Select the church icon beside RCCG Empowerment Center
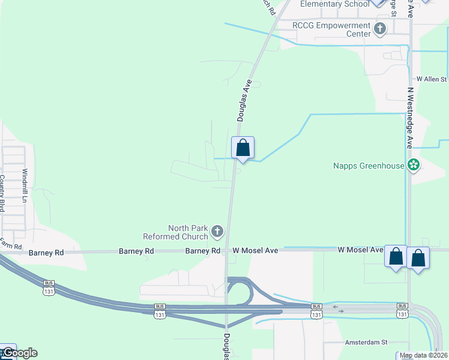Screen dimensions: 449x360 [x=380, y=28]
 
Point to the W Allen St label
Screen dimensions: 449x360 [x=432, y=79]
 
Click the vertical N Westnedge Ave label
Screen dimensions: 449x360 [x=411, y=118]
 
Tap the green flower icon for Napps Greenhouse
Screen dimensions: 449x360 [x=414, y=165]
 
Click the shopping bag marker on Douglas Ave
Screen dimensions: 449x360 [x=243, y=148]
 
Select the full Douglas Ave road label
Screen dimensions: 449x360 [x=243, y=103]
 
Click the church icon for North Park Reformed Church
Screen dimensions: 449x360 [x=217, y=231]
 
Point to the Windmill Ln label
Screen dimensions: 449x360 [x=25, y=185]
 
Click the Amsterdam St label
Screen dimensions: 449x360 [x=366, y=342]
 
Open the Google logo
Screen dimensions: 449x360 [x=19, y=353]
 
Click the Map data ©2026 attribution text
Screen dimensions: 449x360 [x=423, y=355]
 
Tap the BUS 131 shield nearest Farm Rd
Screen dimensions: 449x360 [x=49, y=287]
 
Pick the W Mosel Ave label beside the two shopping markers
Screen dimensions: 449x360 [x=360, y=250]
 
